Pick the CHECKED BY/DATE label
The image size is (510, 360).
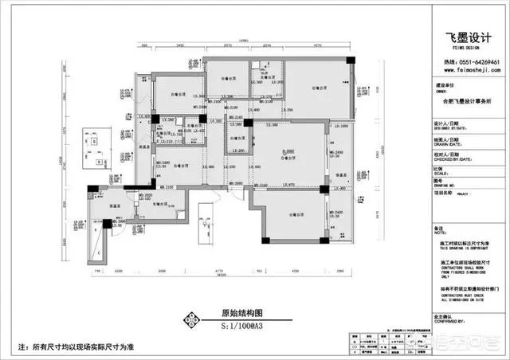tap(448, 158)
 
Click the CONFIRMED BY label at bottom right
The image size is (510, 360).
tap(448, 321)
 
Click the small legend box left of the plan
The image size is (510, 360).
tap(94, 149)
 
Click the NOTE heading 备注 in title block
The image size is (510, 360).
tap(440, 227)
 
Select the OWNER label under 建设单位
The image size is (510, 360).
tap(439, 92)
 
